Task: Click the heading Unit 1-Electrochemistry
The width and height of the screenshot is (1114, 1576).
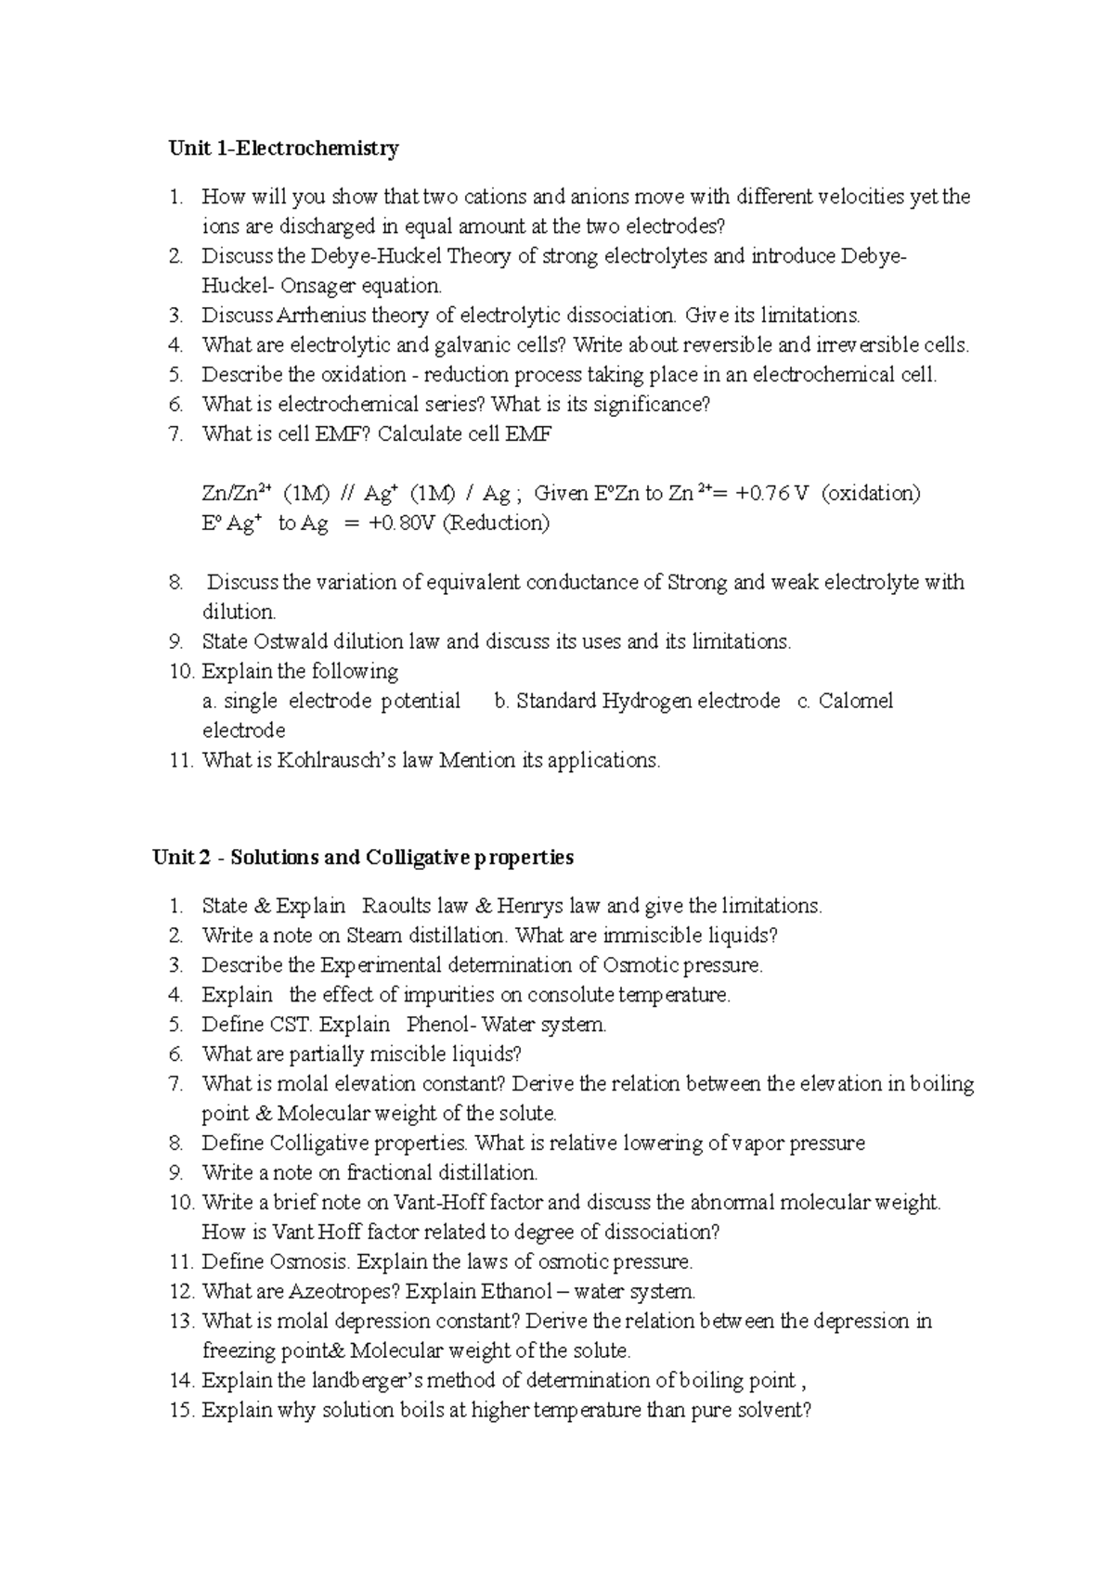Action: pos(283,149)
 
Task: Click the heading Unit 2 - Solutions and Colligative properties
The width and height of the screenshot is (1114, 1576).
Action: pos(363,858)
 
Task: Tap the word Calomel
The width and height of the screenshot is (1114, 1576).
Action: pos(856,702)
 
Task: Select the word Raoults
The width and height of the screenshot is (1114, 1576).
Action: pos(396,906)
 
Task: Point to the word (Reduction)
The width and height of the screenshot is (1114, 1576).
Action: pos(496,523)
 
